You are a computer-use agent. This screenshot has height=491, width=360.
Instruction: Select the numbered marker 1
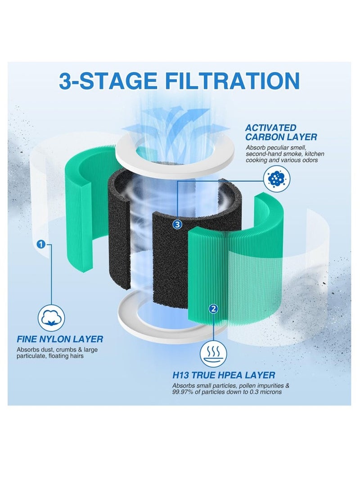pyautogui.click(x=41, y=243)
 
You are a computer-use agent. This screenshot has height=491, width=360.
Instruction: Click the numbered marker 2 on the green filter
pyautogui.click(x=213, y=309)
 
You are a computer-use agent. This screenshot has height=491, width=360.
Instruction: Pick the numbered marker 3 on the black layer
pyautogui.click(x=177, y=224)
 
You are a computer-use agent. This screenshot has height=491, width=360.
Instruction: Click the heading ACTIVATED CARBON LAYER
pyautogui.click(x=281, y=132)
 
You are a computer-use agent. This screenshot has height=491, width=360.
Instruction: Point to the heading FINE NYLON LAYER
pyautogui.click(x=59, y=339)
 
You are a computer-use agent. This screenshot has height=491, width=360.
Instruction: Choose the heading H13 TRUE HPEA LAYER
pyautogui.click(x=224, y=375)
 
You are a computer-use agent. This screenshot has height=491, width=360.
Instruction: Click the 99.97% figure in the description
pyautogui.click(x=183, y=392)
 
